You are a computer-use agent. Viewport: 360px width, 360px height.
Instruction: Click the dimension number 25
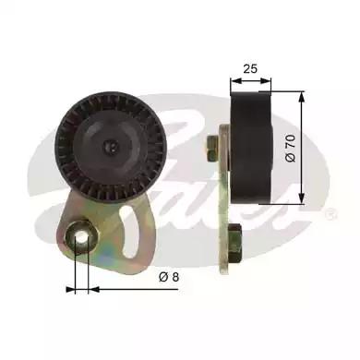click(250, 66)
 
